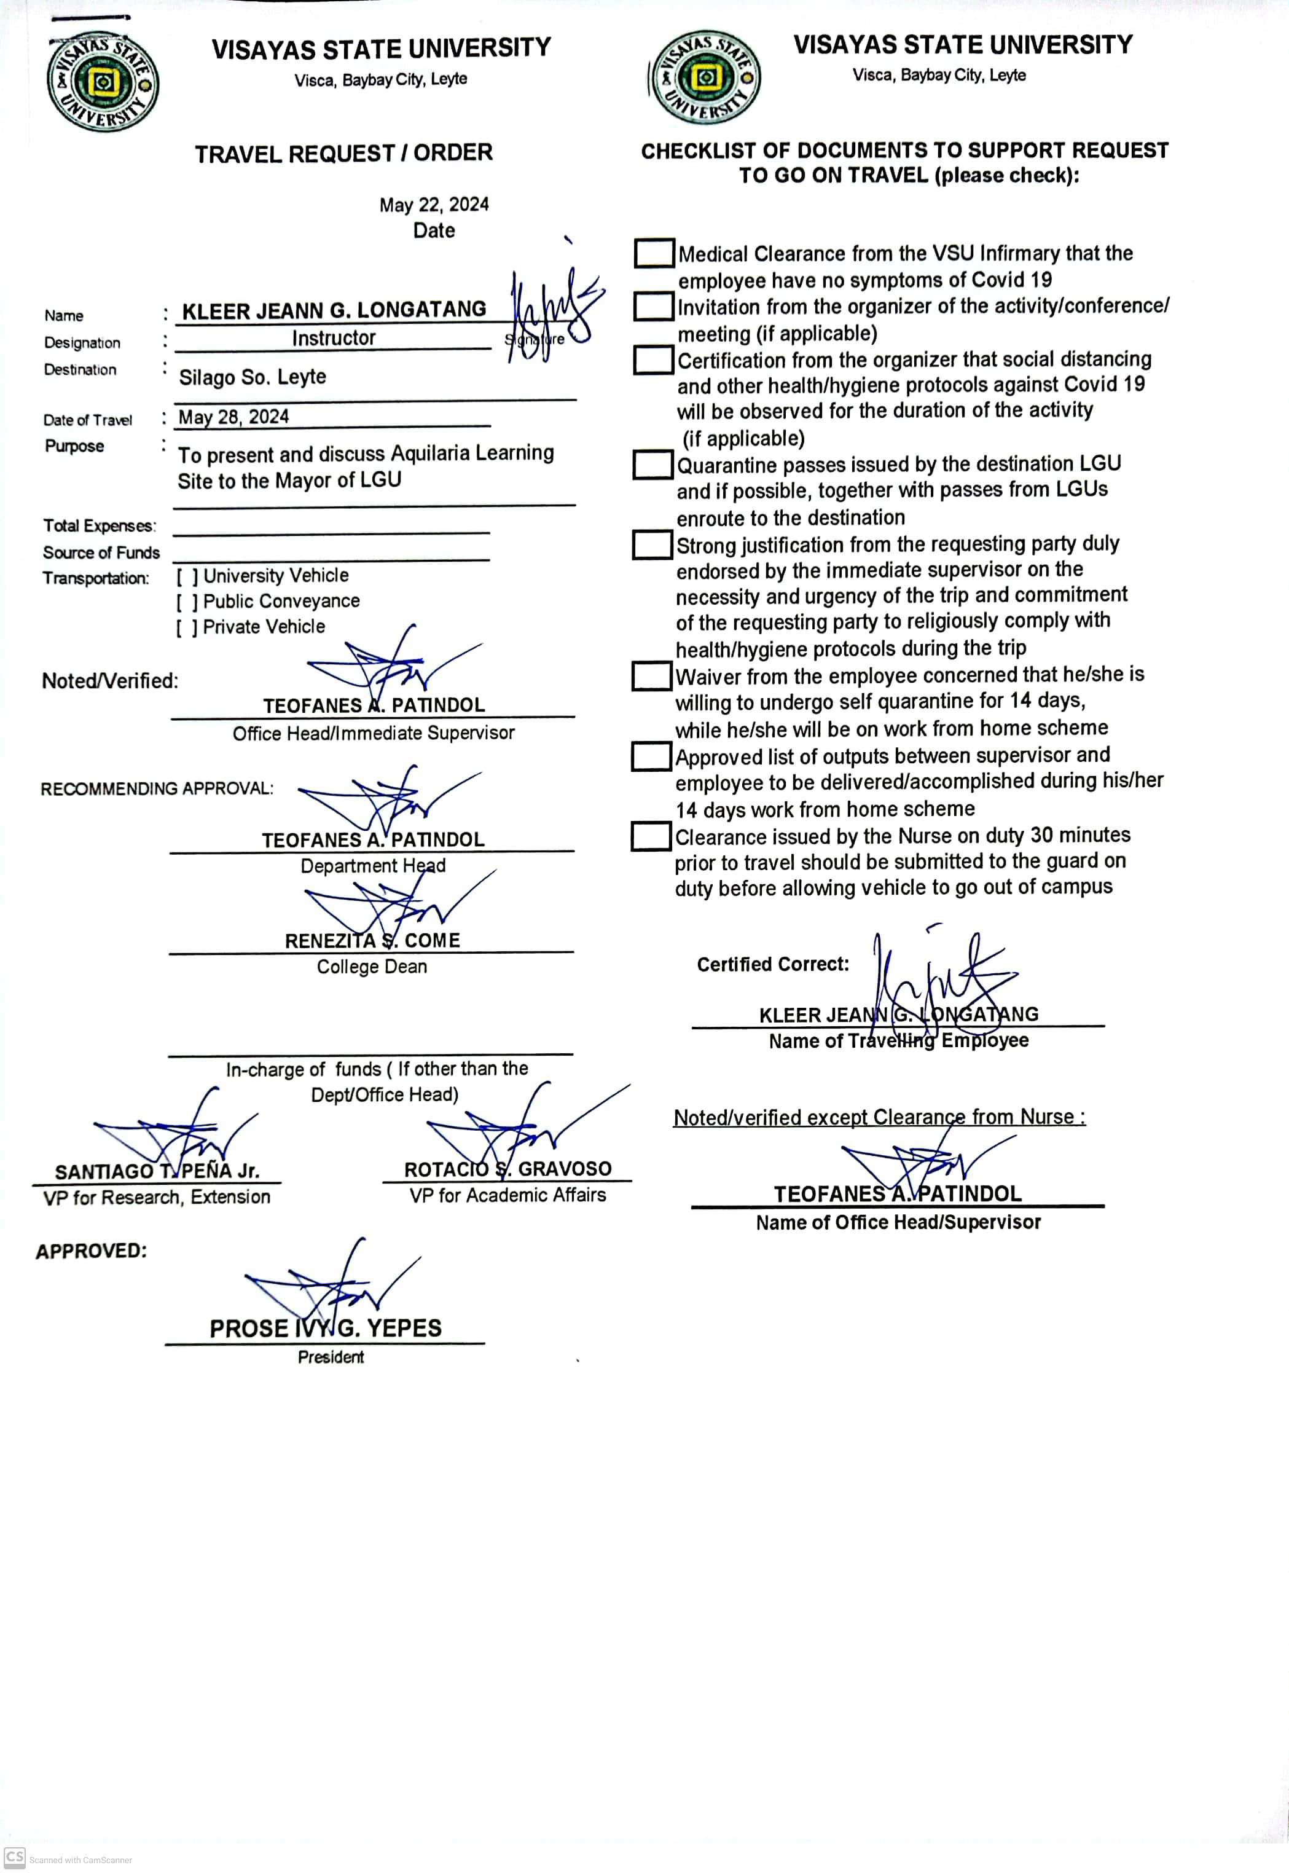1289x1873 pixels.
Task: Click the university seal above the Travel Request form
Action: point(103,82)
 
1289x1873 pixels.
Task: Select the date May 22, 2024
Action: point(434,205)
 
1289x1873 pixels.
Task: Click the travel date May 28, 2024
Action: point(233,417)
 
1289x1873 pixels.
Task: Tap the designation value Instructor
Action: point(334,339)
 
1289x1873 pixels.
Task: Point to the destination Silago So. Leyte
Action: point(252,377)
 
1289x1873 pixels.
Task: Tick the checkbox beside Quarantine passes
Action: point(652,465)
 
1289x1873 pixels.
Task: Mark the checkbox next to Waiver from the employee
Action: point(651,676)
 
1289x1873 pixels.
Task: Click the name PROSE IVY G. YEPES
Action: point(326,1329)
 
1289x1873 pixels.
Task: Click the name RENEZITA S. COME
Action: point(372,941)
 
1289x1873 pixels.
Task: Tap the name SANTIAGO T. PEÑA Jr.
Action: point(157,1171)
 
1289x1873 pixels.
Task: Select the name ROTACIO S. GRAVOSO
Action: point(507,1169)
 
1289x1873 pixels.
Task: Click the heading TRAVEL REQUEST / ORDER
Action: point(343,154)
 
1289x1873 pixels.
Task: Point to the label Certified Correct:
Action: point(773,964)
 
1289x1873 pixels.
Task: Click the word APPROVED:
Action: point(92,1251)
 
